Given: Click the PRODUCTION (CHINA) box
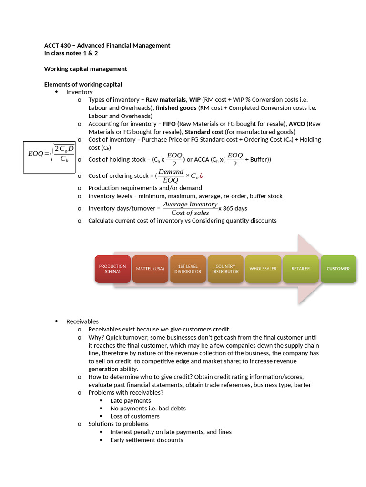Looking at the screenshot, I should tap(112, 269).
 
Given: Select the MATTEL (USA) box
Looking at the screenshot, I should tap(150, 269).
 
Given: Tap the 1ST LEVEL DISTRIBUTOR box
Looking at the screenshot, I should tap(188, 269).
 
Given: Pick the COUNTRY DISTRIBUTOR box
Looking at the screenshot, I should tap(225, 269).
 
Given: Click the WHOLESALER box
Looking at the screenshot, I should tap(263, 269).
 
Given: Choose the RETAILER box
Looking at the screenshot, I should tap(301, 269).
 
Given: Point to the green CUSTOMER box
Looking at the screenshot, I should tap(338, 269).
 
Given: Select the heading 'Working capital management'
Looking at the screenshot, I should tap(86, 69).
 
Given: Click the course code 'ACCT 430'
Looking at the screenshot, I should tap(56, 46).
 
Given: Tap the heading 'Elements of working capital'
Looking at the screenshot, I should tap(83, 84).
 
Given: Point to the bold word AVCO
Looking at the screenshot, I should tap(298, 124).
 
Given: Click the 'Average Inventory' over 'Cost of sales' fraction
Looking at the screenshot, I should tap(190, 208).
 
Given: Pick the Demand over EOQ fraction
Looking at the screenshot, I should tap(171, 175).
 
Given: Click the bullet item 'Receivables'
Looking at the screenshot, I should tap(82, 321).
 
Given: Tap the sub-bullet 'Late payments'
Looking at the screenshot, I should tap(131, 400).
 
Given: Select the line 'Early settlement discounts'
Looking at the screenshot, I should tap(147, 440).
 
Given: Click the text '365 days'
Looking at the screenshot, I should tap(234, 208).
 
